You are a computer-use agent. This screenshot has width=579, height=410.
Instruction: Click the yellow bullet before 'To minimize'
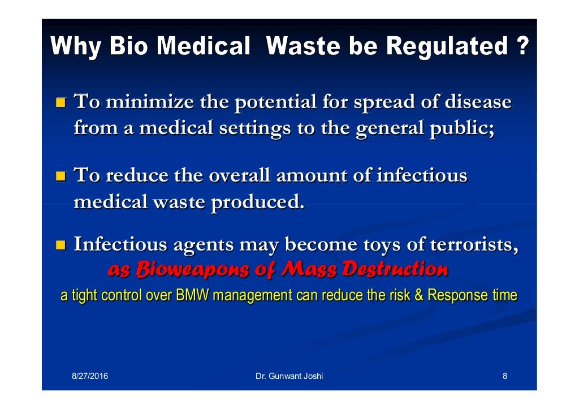tap(60, 103)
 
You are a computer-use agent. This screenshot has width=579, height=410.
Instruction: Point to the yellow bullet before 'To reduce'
tap(60, 176)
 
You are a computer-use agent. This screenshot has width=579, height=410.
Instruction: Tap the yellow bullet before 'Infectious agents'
tap(60, 246)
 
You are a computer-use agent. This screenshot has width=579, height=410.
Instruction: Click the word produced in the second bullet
tap(258, 201)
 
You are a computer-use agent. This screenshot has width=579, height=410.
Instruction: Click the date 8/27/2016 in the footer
tap(90, 376)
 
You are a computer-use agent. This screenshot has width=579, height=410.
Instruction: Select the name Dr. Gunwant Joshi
tap(289, 376)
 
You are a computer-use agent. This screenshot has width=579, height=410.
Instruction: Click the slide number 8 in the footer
tap(504, 376)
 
